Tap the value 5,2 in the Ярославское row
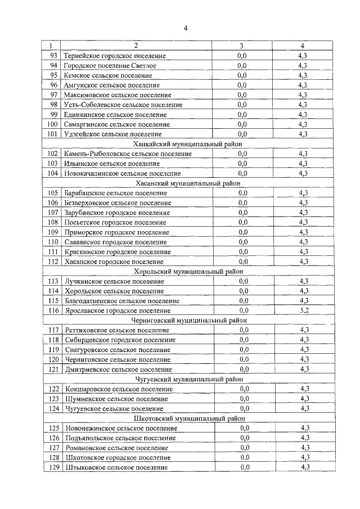304,310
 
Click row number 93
53,56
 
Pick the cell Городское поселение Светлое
110,66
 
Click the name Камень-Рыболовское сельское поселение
128,154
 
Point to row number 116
53,310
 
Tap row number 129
53,467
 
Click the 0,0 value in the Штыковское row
244,467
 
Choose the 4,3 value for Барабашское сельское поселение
304,193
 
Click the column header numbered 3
241,46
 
